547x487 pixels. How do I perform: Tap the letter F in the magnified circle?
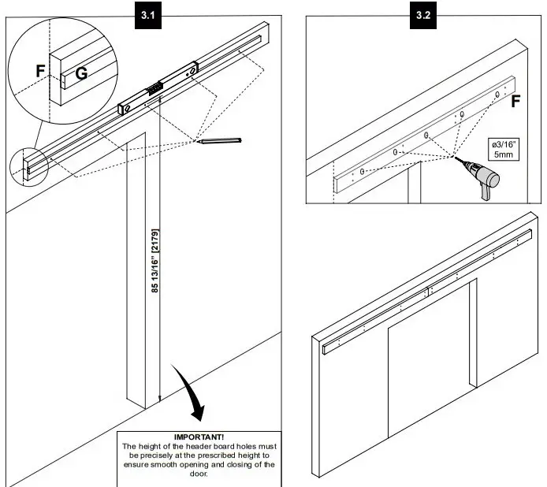tap(40, 71)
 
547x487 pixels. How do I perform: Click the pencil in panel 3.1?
tap(221, 142)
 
